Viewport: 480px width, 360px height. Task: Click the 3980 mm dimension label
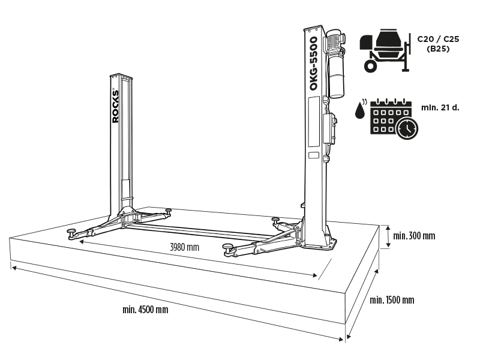(184, 247)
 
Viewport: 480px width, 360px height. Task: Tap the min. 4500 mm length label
(145, 310)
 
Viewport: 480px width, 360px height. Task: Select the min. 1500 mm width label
(391, 300)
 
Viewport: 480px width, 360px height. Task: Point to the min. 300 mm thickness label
(414, 235)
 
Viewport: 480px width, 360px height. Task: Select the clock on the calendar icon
(407, 128)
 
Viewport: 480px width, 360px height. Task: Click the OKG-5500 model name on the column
(313, 63)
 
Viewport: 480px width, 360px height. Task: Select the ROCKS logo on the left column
(116, 107)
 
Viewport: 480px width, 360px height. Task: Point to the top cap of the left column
(120, 76)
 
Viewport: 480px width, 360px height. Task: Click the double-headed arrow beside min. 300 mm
(388, 236)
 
